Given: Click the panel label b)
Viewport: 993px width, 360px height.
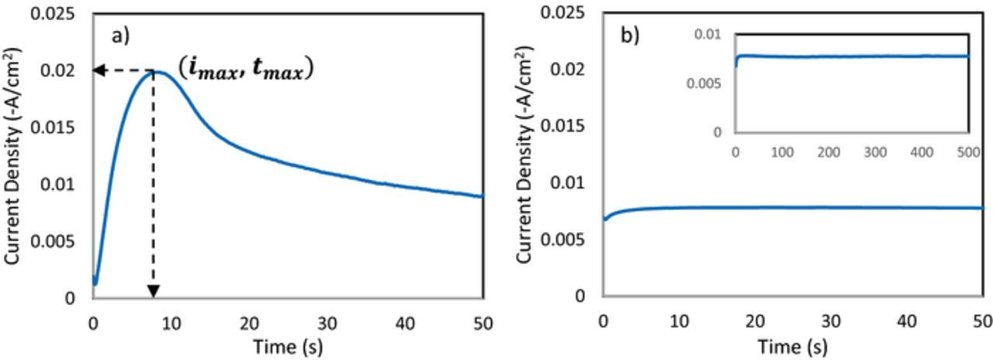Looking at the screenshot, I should [629, 36].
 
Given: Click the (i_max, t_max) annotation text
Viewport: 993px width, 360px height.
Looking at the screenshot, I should [245, 68].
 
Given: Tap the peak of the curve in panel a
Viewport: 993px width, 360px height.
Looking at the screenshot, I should [154, 71].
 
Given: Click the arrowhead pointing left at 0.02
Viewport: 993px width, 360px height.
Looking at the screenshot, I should [99, 71].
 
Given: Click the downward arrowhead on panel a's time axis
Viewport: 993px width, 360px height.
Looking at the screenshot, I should [154, 291].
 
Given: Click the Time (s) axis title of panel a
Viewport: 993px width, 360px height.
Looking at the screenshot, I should [288, 346].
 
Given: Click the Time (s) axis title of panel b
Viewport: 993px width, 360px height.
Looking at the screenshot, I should [792, 346].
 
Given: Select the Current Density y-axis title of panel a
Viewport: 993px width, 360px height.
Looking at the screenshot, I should [13, 155].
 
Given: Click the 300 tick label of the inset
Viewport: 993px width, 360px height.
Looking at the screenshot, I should [875, 152].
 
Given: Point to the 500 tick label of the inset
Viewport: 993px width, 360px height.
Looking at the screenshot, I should [968, 152].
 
